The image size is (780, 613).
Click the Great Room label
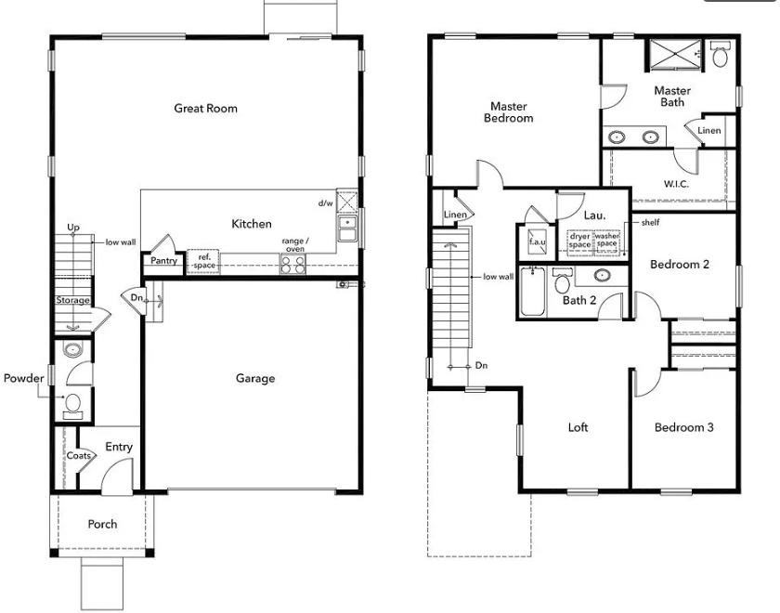click(x=205, y=109)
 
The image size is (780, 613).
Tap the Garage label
click(x=254, y=378)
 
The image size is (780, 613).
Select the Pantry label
click(x=163, y=261)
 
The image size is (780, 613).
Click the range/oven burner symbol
click(x=293, y=264)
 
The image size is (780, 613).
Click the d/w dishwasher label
click(x=325, y=202)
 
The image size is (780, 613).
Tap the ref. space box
click(x=203, y=261)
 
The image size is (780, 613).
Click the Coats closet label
click(x=78, y=456)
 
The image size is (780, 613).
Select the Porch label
click(x=102, y=524)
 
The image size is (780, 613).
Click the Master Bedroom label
click(x=511, y=112)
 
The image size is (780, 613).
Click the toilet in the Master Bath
click(x=721, y=56)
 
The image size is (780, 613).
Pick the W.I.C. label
click(x=676, y=184)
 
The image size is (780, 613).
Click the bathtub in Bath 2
click(x=533, y=292)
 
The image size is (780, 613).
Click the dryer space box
click(x=579, y=241)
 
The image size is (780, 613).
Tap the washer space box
click(x=606, y=241)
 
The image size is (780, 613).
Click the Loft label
click(x=578, y=428)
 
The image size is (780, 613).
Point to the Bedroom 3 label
click(x=684, y=428)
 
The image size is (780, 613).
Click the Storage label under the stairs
click(x=72, y=300)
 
